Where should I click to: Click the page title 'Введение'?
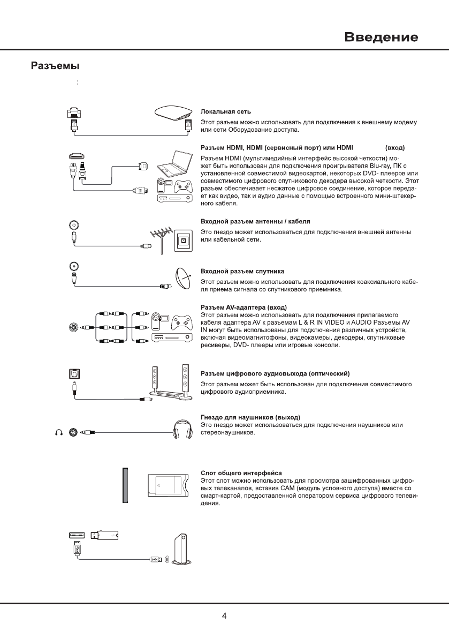[x=380, y=37]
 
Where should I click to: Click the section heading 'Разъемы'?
[x=54, y=66]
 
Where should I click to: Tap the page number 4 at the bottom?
[x=224, y=616]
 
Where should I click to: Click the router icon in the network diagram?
[x=173, y=113]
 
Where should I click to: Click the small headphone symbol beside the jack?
[x=59, y=432]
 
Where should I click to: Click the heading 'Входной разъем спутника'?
[x=242, y=272]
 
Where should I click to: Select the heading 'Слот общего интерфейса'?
[x=241, y=473]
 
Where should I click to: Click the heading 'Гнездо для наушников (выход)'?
[x=250, y=417]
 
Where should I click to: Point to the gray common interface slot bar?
[x=126, y=485]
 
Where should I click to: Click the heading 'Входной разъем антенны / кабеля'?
[x=255, y=221]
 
